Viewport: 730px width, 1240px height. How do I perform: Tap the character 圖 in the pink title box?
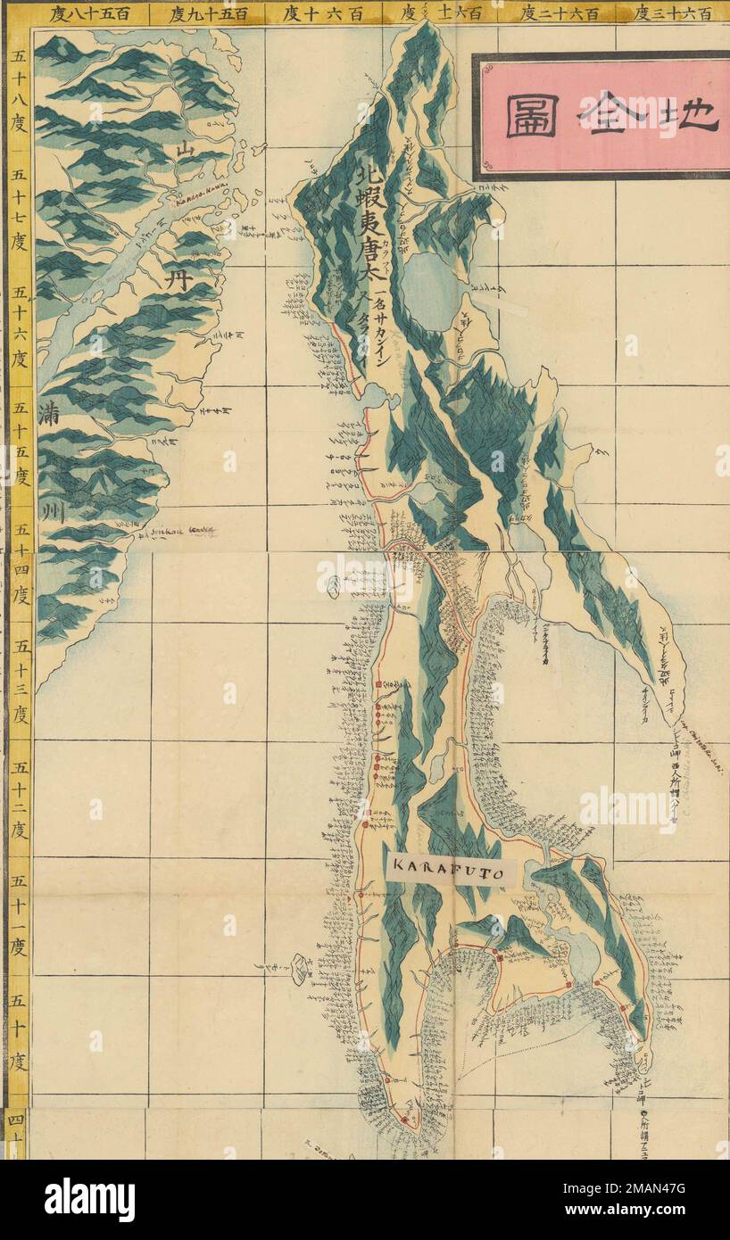(x=533, y=117)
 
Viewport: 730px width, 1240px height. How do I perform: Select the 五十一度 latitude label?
(x=18, y=918)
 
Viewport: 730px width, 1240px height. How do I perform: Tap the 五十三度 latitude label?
(x=18, y=682)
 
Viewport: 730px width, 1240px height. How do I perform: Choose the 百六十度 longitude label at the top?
(x=322, y=13)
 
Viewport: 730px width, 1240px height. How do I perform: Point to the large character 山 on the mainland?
(x=185, y=150)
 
